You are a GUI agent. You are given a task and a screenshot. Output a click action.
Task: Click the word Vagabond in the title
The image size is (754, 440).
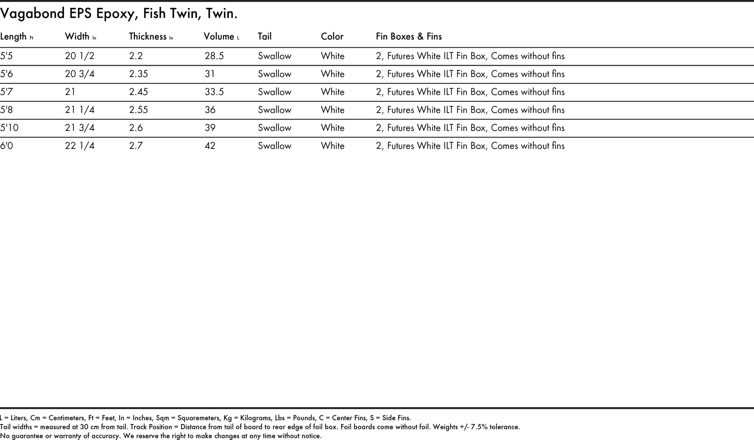[32, 14]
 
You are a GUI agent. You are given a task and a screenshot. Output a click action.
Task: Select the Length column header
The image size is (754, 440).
[14, 37]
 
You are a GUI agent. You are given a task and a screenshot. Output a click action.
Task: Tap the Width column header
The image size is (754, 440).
[77, 37]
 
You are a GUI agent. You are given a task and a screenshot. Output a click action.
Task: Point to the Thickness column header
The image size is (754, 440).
[148, 37]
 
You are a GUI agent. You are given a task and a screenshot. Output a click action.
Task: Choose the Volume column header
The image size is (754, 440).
[219, 37]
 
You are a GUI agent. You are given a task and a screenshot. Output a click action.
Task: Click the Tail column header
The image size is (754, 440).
[264, 37]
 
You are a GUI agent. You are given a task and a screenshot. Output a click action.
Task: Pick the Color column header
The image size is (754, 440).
[332, 37]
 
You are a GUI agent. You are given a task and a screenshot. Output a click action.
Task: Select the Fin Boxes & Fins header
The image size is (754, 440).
[409, 37]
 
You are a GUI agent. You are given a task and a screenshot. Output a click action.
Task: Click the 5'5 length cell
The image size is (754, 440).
[6, 56]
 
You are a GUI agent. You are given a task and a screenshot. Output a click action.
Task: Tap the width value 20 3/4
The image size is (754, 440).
[80, 74]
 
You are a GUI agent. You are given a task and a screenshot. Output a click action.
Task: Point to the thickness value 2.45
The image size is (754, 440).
[138, 92]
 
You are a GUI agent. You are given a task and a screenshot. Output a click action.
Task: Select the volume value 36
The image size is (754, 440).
[210, 110]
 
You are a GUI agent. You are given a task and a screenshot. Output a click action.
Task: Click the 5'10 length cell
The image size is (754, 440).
[9, 128]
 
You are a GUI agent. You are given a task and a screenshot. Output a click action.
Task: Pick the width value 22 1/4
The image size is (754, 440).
[80, 146]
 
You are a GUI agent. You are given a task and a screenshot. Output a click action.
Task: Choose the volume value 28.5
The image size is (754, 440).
[214, 56]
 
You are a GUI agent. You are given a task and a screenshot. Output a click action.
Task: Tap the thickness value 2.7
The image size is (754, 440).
[136, 146]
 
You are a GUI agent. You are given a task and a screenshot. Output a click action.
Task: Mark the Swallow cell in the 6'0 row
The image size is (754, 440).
[275, 146]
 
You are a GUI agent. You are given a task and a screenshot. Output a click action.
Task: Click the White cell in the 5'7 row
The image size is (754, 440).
[333, 92]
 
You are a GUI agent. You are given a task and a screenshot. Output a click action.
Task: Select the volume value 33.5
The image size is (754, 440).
[214, 92]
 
